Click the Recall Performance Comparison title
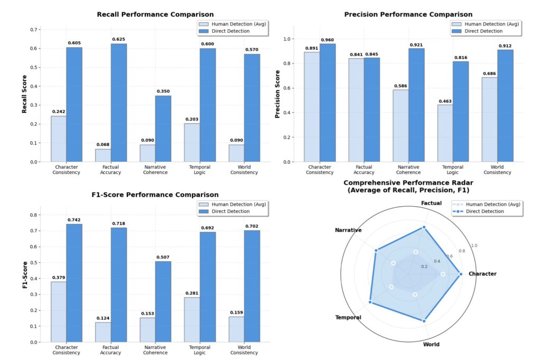point(155,14)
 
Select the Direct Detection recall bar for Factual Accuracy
point(118,103)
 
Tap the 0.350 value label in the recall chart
point(163,91)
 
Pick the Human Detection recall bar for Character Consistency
point(59,139)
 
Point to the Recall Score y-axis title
point(24,95)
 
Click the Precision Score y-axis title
point(277,95)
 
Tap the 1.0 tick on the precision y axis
point(287,39)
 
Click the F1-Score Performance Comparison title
point(155,195)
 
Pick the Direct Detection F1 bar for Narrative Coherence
point(163,302)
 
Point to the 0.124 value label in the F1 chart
point(103,318)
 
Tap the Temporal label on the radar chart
point(348,318)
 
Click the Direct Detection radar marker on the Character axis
point(461,274)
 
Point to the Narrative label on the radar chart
point(348,230)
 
